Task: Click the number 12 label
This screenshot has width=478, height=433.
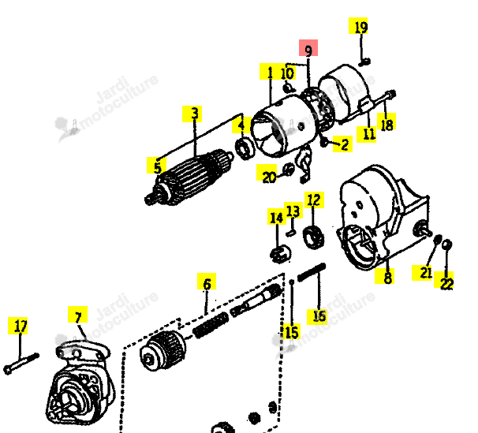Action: (x=314, y=200)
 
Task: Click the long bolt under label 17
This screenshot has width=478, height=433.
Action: (x=21, y=364)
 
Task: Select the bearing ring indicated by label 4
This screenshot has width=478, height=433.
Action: (x=245, y=148)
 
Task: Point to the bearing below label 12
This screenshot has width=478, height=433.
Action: (x=313, y=237)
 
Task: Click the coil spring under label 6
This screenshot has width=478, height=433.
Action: (x=211, y=325)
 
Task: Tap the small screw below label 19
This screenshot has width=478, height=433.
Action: (x=364, y=62)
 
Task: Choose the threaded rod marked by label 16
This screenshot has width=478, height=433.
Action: (x=312, y=272)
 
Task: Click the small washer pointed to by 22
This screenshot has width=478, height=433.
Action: (x=446, y=244)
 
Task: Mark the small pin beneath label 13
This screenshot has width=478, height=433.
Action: (x=291, y=233)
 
